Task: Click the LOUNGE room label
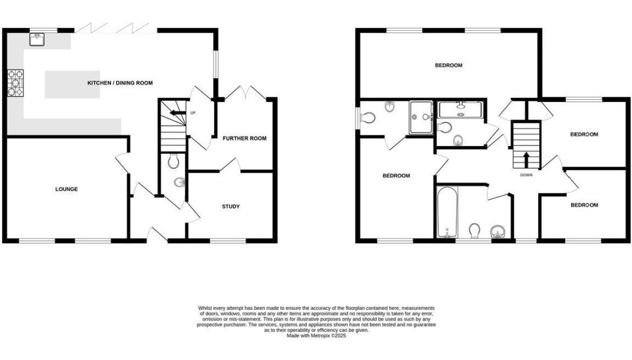(66, 189)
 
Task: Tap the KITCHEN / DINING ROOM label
(120, 83)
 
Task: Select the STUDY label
(231, 206)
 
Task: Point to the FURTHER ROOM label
(245, 138)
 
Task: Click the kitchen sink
(37, 39)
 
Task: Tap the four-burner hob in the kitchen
(15, 83)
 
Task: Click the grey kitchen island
(73, 85)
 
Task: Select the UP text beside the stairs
(193, 113)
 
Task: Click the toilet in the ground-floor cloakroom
(174, 161)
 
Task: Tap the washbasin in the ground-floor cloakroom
(180, 183)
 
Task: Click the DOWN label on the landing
(526, 175)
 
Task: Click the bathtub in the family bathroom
(448, 212)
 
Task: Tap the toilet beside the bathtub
(475, 231)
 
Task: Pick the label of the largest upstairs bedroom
(449, 65)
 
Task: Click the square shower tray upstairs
(421, 117)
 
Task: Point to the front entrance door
(157, 234)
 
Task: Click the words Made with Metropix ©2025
(317, 335)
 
